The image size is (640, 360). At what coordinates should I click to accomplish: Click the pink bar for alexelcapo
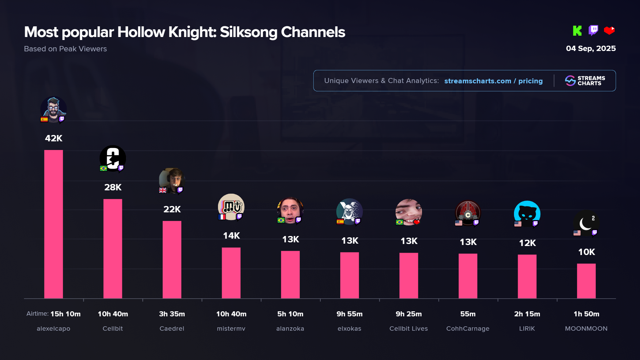click(x=53, y=224)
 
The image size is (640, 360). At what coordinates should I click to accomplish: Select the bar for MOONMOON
click(x=586, y=281)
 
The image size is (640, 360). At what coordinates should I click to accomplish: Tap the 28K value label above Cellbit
click(x=113, y=187)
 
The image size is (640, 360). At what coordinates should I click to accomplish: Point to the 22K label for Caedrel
click(x=172, y=209)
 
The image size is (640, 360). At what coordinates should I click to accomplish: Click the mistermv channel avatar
click(x=231, y=207)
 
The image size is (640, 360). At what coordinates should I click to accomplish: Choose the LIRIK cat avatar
click(x=527, y=214)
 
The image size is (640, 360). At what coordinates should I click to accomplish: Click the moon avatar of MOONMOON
click(x=586, y=223)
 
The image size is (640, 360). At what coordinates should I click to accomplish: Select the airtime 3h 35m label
click(x=172, y=314)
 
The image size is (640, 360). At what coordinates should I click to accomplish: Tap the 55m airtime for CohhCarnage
click(x=468, y=314)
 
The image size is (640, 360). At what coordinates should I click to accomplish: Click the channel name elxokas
click(x=349, y=329)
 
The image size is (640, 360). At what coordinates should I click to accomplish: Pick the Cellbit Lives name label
click(x=409, y=329)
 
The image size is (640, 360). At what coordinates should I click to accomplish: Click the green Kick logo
click(x=577, y=31)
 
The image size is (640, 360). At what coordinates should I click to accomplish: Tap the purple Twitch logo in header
click(x=593, y=30)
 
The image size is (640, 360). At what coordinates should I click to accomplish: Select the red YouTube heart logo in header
click(x=609, y=31)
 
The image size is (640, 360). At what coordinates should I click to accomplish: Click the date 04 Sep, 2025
click(x=591, y=49)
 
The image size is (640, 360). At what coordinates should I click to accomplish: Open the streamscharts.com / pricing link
click(x=493, y=81)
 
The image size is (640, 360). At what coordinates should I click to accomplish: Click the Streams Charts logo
click(x=585, y=81)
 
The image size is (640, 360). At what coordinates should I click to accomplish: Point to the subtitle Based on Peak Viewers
click(x=65, y=49)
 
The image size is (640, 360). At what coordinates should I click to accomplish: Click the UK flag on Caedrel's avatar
click(x=163, y=190)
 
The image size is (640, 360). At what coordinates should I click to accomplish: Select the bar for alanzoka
click(x=290, y=275)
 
